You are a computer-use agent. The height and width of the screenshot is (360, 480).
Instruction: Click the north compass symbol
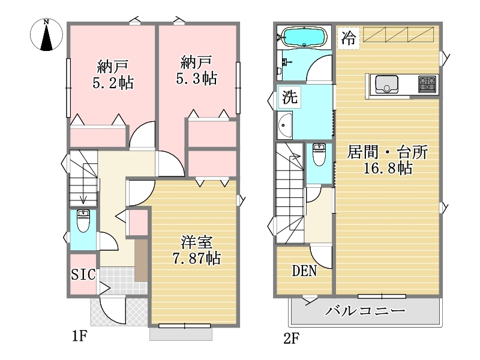[x=47, y=35]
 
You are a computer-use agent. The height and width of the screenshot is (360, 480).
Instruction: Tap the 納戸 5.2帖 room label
[x=113, y=74]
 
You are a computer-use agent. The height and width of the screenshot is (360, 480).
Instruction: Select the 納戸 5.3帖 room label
[x=197, y=70]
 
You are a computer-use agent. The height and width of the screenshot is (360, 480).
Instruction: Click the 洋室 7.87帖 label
[x=197, y=250]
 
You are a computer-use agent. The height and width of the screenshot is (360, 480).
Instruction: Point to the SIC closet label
[x=83, y=274]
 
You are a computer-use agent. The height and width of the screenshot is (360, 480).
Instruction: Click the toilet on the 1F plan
[x=83, y=220]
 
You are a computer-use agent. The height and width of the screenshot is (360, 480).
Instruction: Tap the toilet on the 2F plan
[x=319, y=154]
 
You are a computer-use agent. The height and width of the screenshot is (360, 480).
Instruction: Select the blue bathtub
[x=304, y=37]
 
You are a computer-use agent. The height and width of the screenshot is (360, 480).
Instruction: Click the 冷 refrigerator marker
[x=349, y=38]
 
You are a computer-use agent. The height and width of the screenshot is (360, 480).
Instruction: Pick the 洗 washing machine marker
[x=289, y=97]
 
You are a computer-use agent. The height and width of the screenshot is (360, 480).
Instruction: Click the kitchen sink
[x=387, y=85]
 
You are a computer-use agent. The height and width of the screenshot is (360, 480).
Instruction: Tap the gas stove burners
[x=427, y=84]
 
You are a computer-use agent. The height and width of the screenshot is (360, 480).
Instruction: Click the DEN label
[x=304, y=271]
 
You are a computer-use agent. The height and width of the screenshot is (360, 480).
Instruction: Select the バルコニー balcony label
[x=365, y=311]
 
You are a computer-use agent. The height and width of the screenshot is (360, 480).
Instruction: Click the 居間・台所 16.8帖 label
[x=387, y=160]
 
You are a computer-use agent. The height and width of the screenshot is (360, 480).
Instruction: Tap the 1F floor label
[x=80, y=337]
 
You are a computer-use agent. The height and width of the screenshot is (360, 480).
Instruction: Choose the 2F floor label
[x=291, y=338]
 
